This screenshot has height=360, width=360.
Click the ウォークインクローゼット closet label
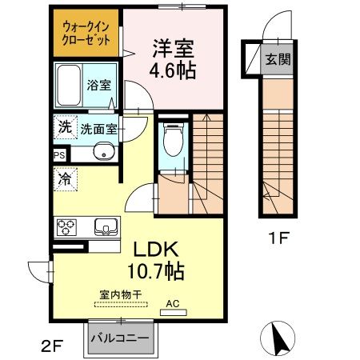tap(86, 31)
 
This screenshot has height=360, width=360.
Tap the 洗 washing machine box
tap(63, 126)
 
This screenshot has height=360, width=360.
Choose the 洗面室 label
tap(96, 127)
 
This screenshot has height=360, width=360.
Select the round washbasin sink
tap(101, 154)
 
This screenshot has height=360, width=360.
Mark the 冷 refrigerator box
tap(64, 179)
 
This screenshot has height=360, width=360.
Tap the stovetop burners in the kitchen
tap(65, 226)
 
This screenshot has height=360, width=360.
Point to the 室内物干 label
tap(120, 294)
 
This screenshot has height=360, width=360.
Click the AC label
tap(173, 303)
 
